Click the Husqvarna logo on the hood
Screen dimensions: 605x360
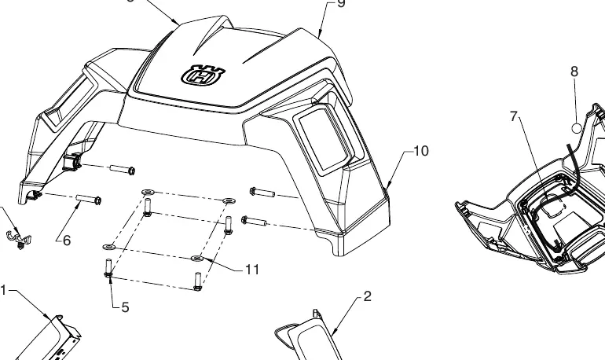(x=203, y=75)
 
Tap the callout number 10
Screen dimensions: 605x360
(x=421, y=151)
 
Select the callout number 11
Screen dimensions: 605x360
(x=252, y=270)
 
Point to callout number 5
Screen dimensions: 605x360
(x=125, y=307)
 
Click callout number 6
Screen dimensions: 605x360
(x=67, y=241)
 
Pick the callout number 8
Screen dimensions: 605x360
(x=574, y=72)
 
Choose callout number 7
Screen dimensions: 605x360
(x=513, y=116)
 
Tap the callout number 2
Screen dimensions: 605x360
(x=368, y=296)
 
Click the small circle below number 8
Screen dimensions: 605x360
(x=576, y=128)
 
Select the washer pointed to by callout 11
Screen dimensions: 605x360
(x=196, y=258)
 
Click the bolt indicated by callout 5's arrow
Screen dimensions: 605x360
(x=108, y=269)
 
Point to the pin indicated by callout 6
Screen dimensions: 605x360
(x=89, y=200)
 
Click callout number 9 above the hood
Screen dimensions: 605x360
(x=341, y=3)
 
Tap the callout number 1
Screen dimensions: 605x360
(x=3, y=290)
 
